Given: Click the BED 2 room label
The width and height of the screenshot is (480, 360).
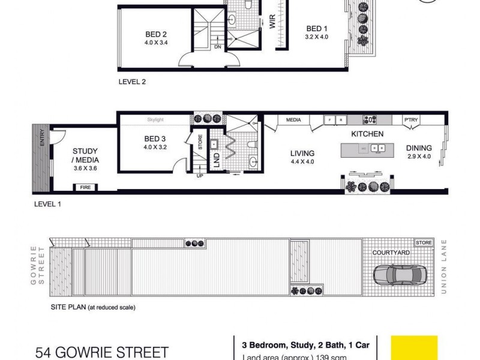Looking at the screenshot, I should [155, 34].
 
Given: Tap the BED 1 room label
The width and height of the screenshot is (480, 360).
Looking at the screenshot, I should [317, 28].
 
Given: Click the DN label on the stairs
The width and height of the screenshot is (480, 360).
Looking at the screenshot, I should [217, 47].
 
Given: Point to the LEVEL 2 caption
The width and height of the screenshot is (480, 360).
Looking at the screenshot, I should [132, 82].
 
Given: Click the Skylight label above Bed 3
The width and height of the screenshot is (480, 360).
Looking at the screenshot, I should [155, 120].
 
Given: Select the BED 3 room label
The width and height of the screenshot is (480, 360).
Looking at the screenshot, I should [155, 139].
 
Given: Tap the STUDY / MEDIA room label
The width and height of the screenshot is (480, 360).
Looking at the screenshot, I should [86, 155].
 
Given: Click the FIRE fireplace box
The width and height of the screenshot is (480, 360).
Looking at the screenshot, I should [85, 188].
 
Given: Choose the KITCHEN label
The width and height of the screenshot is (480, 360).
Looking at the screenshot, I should [367, 134].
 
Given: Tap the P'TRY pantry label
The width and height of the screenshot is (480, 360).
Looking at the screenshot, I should [411, 120].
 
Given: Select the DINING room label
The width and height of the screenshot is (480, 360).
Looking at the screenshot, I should [418, 148].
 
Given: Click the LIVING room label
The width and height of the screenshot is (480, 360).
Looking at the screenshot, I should [302, 153].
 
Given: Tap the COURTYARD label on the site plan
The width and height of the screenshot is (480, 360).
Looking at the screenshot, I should [390, 253].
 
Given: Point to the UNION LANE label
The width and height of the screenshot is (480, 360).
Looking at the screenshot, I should [445, 267].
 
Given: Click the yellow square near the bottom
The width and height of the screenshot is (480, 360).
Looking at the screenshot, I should [414, 347].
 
